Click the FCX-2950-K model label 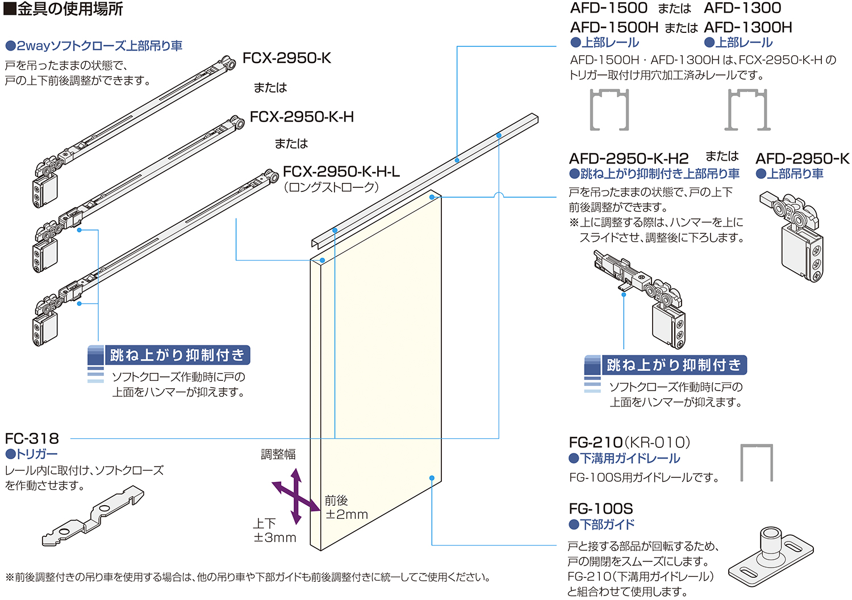[286, 58]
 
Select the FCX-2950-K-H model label [302, 117]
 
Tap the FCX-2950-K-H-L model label [341, 171]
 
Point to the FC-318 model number [32, 439]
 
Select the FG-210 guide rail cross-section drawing [757, 462]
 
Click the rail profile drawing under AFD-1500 [609, 110]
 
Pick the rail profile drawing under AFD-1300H [747, 110]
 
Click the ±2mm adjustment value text [346, 514]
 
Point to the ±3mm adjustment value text [275, 538]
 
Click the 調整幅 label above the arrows [278, 454]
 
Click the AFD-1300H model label [747, 27]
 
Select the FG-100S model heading [600, 509]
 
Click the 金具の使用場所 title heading [64, 9]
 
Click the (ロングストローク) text [331, 187]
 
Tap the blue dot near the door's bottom [432, 479]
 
